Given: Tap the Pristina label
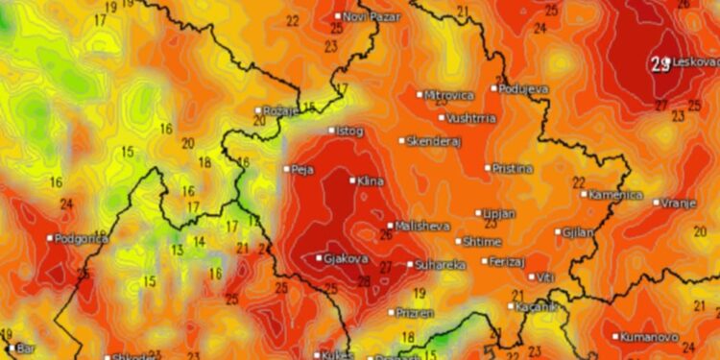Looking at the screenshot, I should (513, 168).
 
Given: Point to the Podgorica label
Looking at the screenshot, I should (82, 238).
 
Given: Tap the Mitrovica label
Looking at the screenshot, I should (449, 95).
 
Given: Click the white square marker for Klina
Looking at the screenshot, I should (352, 180).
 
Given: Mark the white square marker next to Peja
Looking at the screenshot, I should (286, 169).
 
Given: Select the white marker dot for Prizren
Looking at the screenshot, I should (392, 312).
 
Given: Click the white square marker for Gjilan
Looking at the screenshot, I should (558, 231).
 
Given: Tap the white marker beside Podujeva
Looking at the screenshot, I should (494, 88).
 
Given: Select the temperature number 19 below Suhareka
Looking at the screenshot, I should (419, 293).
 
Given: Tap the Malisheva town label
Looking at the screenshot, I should (421, 226).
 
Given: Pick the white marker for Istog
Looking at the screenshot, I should (332, 131).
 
